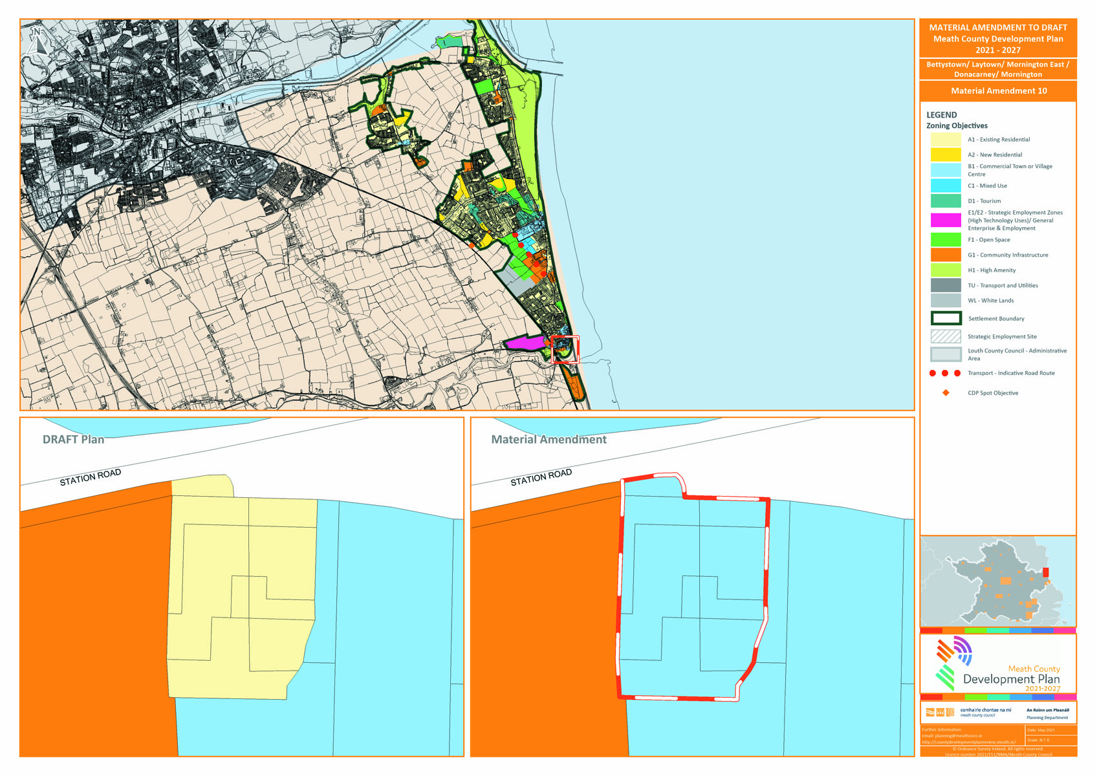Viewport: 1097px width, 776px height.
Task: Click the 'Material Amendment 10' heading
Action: click(x=998, y=91)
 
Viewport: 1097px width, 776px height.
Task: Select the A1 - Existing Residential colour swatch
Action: click(x=945, y=140)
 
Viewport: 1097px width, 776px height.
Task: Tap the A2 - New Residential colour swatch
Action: click(x=945, y=155)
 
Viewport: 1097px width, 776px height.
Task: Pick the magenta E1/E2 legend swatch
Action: click(x=945, y=221)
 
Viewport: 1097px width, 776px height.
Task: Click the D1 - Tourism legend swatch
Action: click(x=945, y=201)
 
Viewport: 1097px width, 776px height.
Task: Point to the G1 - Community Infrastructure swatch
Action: click(x=945, y=255)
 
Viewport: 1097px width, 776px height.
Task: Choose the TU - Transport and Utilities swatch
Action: click(x=945, y=285)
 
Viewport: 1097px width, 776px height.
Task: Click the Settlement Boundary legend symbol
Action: click(x=945, y=318)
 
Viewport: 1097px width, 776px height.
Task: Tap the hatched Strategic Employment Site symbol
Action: click(x=945, y=336)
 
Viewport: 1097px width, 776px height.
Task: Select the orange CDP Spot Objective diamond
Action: click(x=946, y=393)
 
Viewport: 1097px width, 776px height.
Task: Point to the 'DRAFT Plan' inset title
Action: click(x=73, y=440)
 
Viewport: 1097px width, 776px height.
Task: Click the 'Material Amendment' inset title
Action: click(x=548, y=440)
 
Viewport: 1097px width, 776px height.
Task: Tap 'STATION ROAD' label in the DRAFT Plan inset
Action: click(x=91, y=477)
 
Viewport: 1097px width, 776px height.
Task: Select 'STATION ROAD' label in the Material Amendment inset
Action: click(x=541, y=477)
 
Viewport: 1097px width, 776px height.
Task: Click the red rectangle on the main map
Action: click(x=565, y=349)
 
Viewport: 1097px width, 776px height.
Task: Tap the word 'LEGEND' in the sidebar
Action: click(x=941, y=115)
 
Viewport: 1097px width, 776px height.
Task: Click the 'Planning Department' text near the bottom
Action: click(x=1047, y=718)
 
